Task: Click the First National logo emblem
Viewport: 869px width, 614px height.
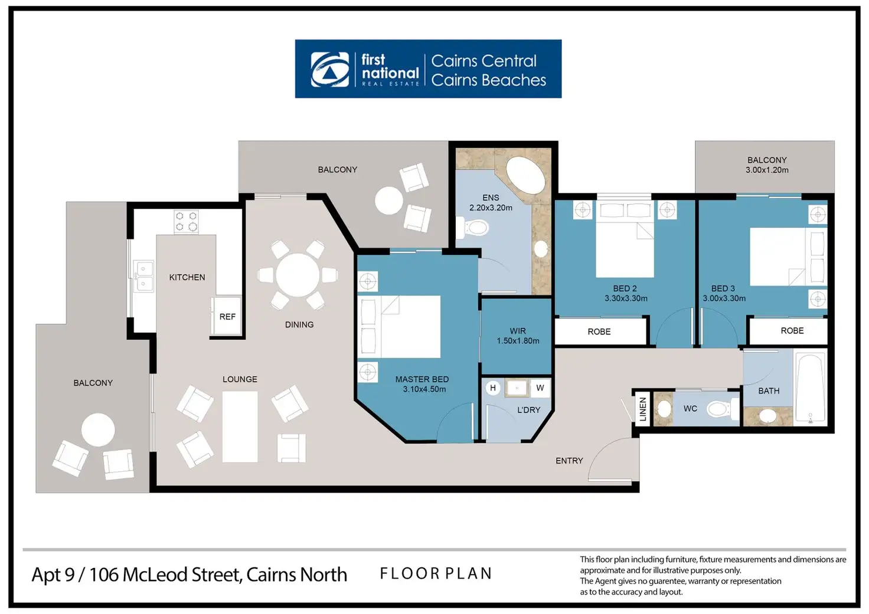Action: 330,70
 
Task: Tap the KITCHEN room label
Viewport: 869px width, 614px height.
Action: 187,277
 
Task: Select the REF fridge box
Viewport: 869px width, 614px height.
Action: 227,317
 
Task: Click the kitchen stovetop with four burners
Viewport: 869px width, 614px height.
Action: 186,222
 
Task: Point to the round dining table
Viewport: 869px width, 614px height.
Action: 298,275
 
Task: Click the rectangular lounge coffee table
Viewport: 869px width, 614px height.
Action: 240,426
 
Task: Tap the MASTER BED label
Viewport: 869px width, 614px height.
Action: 422,379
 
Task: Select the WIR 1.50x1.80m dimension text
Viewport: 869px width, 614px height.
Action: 518,341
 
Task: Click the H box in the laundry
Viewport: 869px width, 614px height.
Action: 493,388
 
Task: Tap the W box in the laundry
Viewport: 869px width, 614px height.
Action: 540,388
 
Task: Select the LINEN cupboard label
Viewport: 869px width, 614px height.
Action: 643,409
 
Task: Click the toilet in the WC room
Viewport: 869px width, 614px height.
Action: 720,408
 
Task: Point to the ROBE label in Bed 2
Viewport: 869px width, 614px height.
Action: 599,332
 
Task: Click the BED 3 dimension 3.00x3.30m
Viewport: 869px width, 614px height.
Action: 724,298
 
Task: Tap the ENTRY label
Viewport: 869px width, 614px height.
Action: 569,461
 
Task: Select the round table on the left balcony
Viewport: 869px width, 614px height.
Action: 98,429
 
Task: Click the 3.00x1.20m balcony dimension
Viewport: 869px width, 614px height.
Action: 767,170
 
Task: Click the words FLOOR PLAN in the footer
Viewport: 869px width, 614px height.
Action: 436,574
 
